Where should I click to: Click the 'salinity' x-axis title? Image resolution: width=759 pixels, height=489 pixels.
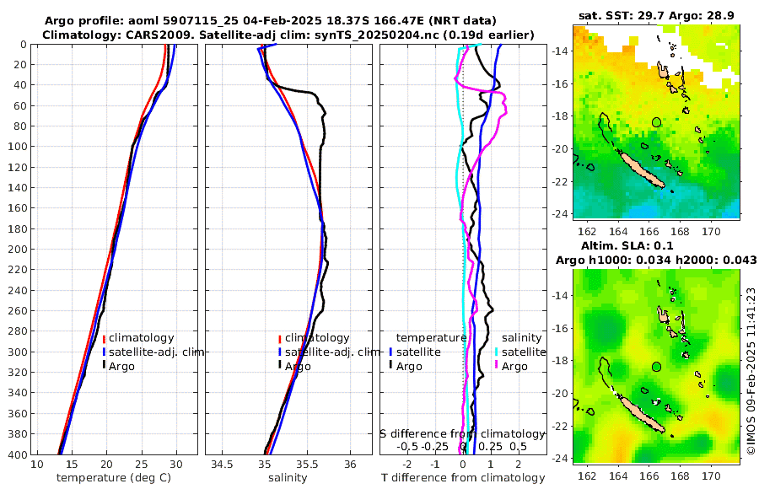287,478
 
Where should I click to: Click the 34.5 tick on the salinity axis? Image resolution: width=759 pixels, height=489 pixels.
223,465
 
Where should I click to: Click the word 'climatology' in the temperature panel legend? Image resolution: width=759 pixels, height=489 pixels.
141,338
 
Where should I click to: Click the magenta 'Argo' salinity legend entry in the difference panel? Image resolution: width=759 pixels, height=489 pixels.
514,366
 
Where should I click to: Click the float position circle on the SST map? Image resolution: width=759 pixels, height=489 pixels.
657,122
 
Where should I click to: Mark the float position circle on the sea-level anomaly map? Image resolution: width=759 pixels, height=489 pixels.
657,367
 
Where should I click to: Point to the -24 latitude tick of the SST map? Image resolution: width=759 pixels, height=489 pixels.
558,213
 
